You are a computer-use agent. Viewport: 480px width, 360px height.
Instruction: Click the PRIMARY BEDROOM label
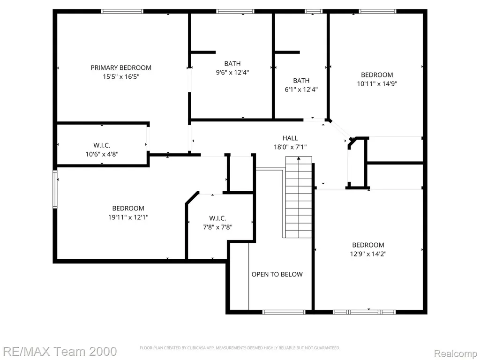tap(121, 67)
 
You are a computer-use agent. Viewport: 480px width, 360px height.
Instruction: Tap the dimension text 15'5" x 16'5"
tap(121, 76)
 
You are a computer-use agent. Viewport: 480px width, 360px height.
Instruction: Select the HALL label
tap(290, 138)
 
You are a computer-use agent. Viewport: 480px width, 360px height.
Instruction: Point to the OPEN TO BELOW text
tap(277, 274)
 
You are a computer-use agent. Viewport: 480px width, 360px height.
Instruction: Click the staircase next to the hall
tap(299, 197)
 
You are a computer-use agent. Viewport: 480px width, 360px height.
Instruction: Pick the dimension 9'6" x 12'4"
tap(232, 73)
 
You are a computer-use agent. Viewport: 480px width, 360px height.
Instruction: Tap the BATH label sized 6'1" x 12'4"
tap(301, 81)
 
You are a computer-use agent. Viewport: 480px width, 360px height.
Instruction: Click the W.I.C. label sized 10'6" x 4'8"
tap(102, 145)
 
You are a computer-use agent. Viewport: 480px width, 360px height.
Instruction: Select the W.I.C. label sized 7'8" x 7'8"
tap(217, 218)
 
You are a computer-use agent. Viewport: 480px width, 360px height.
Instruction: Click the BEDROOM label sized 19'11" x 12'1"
tap(128, 209)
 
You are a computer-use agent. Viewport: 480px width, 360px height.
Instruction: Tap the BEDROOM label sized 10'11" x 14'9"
tap(377, 75)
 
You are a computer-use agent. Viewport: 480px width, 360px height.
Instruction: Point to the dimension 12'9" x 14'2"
tap(368, 254)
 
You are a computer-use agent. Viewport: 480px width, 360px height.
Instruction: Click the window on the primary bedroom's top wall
tap(122, 11)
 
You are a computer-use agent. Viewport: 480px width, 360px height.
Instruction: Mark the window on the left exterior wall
tap(55, 189)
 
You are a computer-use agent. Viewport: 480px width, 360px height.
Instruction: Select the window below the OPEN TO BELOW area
tap(284, 312)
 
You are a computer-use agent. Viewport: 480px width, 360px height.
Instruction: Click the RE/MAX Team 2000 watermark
tap(59, 352)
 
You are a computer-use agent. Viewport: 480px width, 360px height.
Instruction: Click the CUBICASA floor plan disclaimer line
tap(240, 348)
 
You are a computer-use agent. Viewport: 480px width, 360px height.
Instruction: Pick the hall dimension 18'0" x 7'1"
tap(290, 147)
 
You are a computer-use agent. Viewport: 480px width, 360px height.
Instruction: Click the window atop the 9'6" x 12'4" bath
tap(235, 11)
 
